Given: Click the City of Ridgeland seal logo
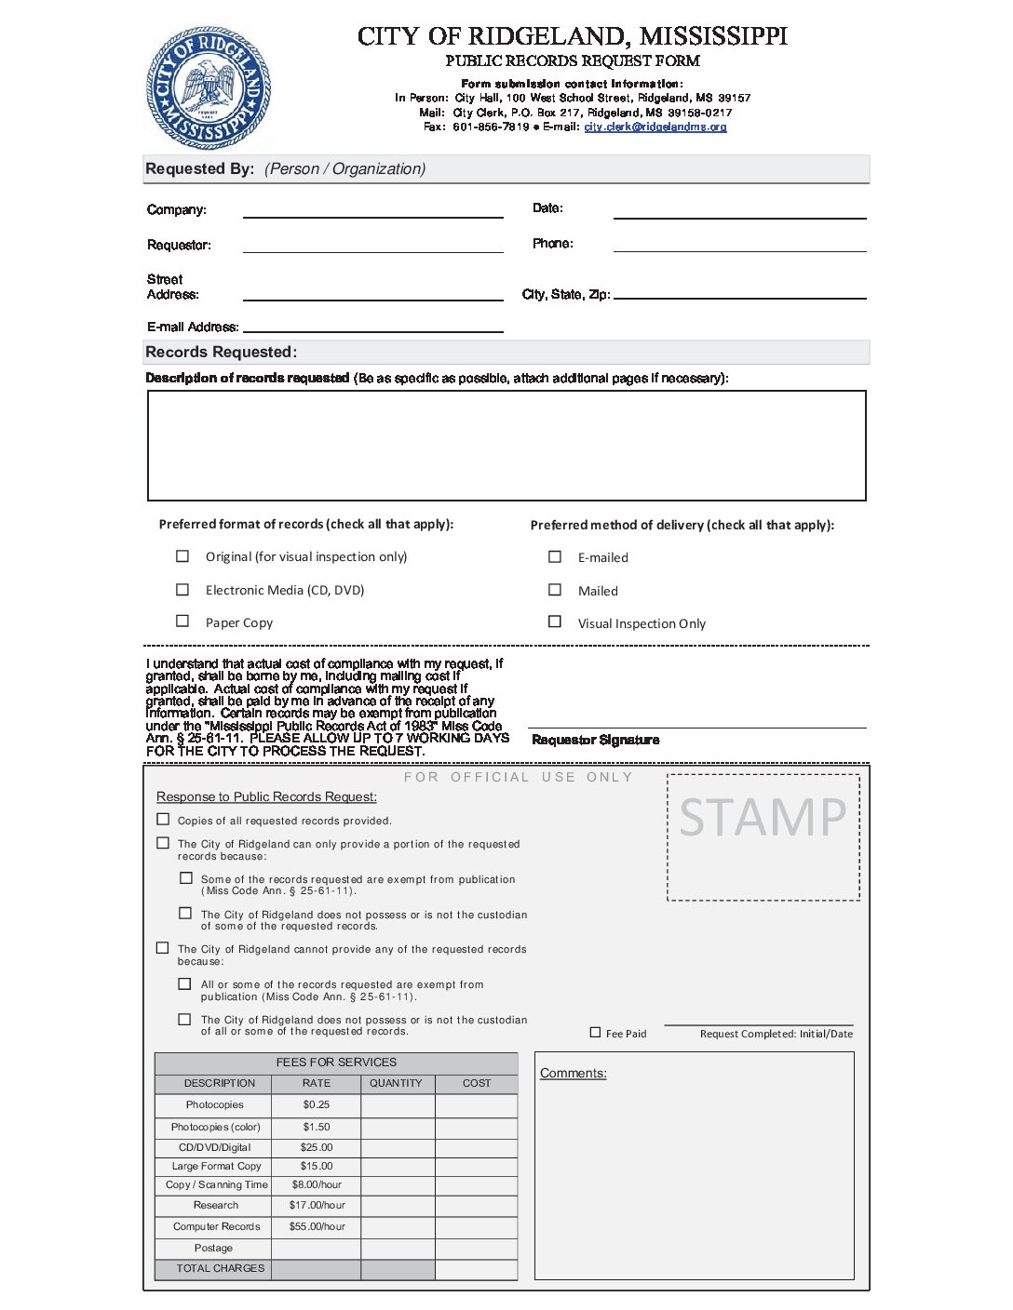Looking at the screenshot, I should tap(209, 87).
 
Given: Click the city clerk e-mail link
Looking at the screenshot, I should tap(655, 127).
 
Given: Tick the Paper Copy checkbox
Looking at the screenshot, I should tap(182, 622).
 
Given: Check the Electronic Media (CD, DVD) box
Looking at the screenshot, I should tap(182, 589).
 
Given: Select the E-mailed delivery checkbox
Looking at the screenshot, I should tap(555, 556).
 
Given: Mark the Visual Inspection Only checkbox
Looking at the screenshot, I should tap(555, 622).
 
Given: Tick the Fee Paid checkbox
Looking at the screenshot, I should tap(596, 1032).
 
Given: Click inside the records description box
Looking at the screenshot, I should tap(506, 446).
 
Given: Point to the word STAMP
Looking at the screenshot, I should tap(763, 818).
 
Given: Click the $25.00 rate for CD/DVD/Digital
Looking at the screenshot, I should tap(317, 1147).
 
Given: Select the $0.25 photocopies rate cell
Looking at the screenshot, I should tap(317, 1104).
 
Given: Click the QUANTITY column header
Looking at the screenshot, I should tap(396, 1083).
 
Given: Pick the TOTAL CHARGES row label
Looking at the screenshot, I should tap(221, 1268).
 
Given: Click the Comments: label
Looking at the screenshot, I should tap(574, 1073).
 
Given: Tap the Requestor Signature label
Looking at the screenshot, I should tap(596, 740).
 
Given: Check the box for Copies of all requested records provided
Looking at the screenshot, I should tap(164, 820).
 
